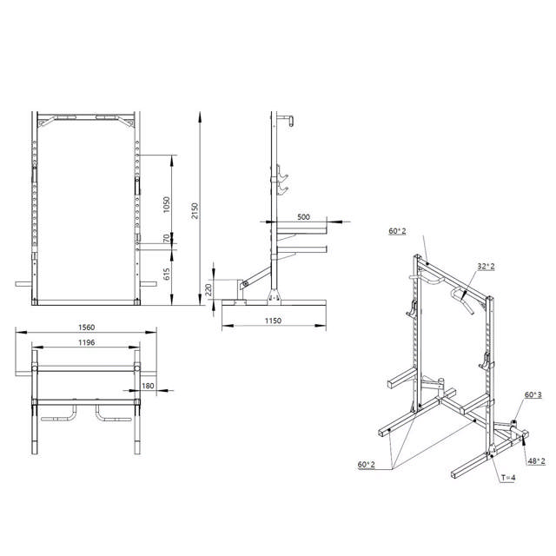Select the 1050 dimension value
tap(167, 205)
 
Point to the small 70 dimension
tap(167, 239)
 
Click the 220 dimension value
tap(208, 288)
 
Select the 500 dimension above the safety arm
tap(303, 216)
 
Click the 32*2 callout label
tap(485, 268)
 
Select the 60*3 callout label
tap(533, 394)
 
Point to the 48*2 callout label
tap(536, 460)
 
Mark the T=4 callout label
tap(508, 477)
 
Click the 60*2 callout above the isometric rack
tap(398, 231)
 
